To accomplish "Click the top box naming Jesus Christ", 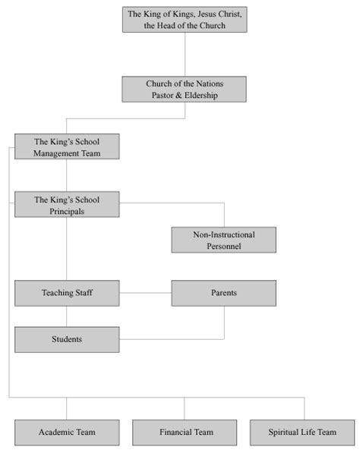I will click(x=185, y=19).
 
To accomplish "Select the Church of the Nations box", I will click(x=185, y=89).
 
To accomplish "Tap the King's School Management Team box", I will click(x=67, y=146).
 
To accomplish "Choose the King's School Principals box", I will click(x=67, y=206).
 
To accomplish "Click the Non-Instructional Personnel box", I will click(x=223, y=241).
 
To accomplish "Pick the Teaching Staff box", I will click(x=67, y=293).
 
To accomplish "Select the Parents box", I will click(x=223, y=293).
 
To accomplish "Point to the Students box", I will click(x=67, y=339).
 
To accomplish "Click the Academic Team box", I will click(x=67, y=433).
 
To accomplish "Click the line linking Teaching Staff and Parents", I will click(x=145, y=293).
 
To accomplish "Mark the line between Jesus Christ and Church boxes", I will click(x=185, y=53).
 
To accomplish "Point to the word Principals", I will click(x=67, y=212).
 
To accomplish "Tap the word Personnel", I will click(x=223, y=247).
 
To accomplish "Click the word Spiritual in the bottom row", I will click(x=285, y=433).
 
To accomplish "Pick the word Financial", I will click(x=176, y=433).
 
